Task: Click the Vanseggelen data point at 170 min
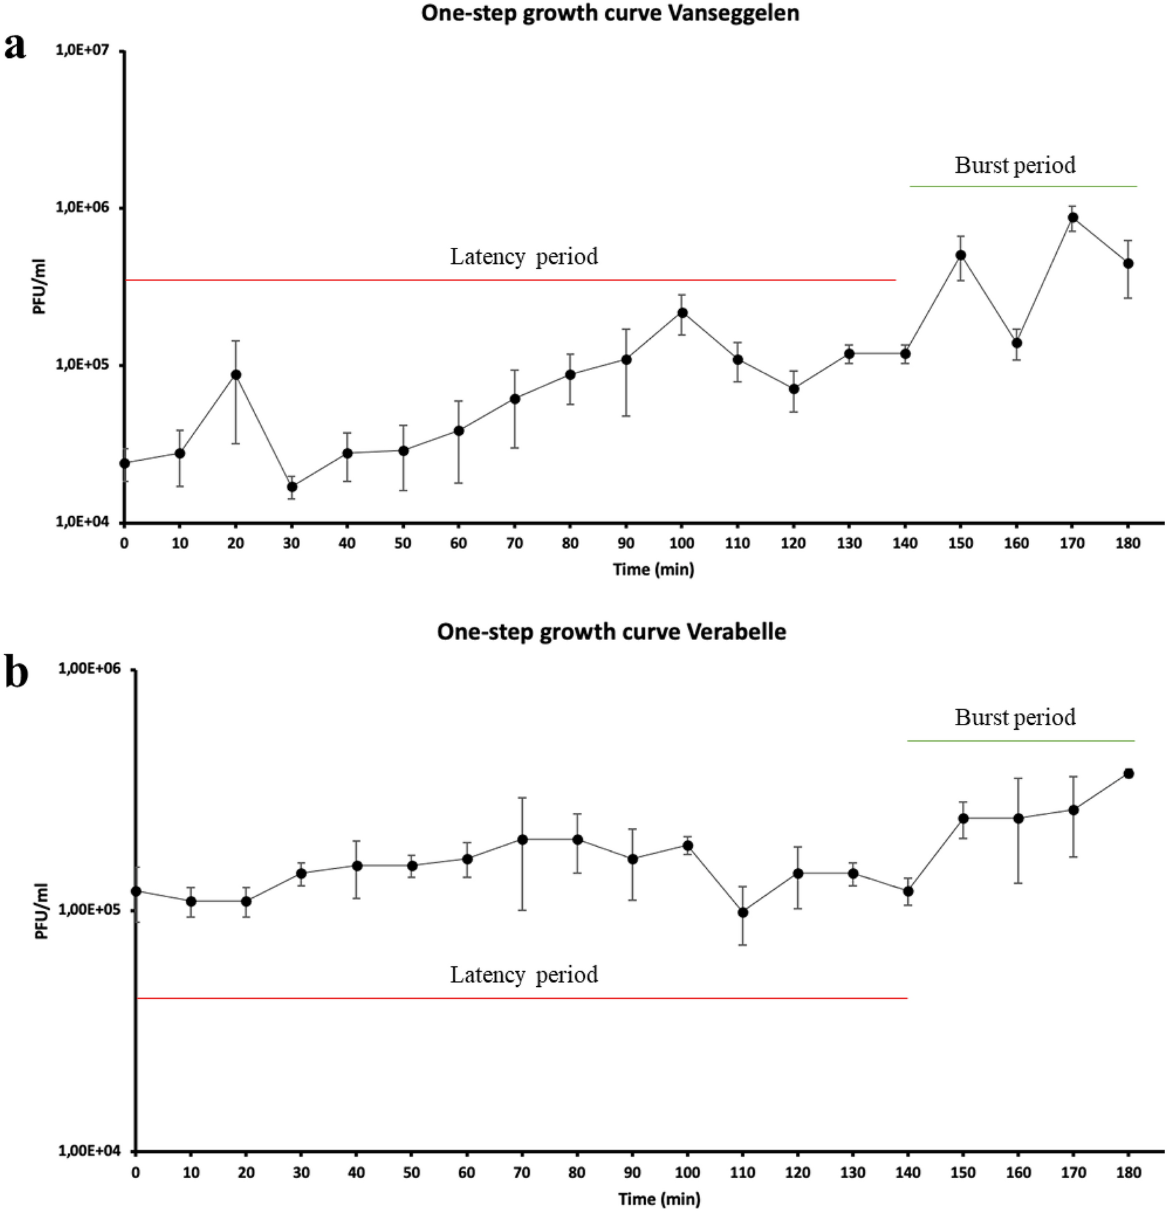(1072, 218)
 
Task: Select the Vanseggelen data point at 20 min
(235, 374)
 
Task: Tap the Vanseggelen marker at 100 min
(682, 312)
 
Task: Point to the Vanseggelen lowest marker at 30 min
(291, 487)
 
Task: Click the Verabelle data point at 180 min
(1128, 773)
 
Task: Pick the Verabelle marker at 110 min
(743, 912)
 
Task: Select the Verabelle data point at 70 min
(522, 839)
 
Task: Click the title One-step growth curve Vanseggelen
(610, 13)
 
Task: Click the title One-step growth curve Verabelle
(611, 632)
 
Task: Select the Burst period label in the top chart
(1015, 165)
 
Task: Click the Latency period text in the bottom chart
(524, 974)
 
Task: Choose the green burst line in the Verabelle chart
(1020, 741)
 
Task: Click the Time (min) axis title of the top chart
(653, 569)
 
